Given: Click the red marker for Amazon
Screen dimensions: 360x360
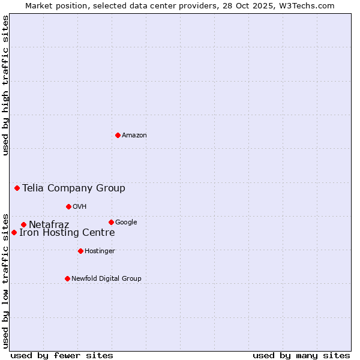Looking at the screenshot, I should tap(118, 135).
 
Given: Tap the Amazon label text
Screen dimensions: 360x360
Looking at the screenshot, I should tap(134, 136).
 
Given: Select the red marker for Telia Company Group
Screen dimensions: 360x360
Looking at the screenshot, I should tap(17, 188).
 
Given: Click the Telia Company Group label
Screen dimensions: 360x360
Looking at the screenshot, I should tap(74, 188).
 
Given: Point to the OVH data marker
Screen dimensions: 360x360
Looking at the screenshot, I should tap(68, 206).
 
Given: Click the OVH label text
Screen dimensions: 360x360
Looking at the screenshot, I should tap(80, 207).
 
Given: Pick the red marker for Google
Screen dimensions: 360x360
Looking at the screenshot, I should tap(111, 222).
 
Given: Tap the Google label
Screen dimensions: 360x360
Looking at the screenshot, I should tap(126, 223).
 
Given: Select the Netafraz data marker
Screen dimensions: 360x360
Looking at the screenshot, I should tap(23, 224).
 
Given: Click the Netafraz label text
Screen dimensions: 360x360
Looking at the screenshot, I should tap(49, 225).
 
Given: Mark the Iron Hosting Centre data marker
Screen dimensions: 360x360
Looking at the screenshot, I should tap(14, 232).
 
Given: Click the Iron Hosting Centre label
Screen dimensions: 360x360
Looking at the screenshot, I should tap(67, 233).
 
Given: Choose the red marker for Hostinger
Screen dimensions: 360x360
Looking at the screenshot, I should tap(80, 251).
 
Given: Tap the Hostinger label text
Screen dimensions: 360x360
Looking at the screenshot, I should tap(100, 251).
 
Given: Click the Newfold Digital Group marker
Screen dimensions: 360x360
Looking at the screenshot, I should tap(67, 278).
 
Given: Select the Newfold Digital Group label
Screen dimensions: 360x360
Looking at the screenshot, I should tap(106, 279).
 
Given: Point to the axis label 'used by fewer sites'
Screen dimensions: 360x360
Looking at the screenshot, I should tap(62, 355).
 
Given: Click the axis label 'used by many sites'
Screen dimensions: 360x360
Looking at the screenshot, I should tap(301, 355).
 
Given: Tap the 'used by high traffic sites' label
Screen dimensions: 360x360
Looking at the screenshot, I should tap(5, 85).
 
